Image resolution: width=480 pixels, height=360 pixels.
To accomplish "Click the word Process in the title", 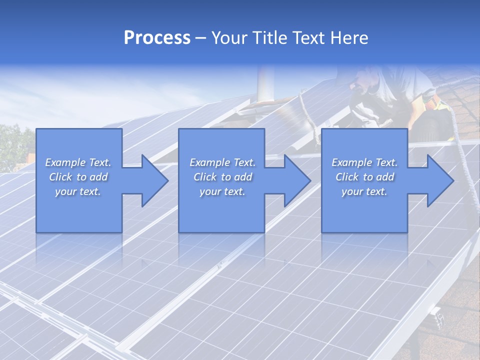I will point(157,38).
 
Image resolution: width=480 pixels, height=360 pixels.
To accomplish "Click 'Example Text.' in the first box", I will point(78,162).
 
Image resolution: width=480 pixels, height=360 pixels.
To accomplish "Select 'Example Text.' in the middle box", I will point(222,162).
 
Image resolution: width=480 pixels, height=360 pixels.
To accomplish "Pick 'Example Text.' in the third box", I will point(364,162).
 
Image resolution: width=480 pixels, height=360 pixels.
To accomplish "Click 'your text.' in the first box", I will point(78,191).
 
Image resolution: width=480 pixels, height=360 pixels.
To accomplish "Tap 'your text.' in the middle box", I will point(222,191).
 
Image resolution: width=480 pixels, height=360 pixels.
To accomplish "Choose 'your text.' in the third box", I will point(364,191).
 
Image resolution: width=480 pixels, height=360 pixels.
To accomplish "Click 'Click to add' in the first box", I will point(78,177).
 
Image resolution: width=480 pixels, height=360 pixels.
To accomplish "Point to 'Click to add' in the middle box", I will point(222,177).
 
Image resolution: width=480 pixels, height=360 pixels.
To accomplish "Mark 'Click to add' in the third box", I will point(364,177).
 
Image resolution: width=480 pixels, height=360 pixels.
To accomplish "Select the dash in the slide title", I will point(200,38).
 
